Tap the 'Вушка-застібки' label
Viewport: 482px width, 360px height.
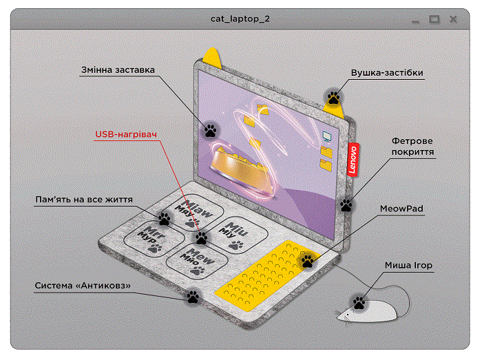(x=387, y=72)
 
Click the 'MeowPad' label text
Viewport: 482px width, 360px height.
(x=401, y=207)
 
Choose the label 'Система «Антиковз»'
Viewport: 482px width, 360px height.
(x=83, y=285)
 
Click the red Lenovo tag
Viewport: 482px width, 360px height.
(x=353, y=160)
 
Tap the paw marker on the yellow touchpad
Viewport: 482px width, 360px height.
(x=307, y=261)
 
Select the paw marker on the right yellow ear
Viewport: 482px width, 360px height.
(x=334, y=98)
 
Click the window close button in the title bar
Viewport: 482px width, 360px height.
(x=454, y=19)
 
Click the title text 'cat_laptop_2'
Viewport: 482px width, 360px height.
(x=240, y=19)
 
